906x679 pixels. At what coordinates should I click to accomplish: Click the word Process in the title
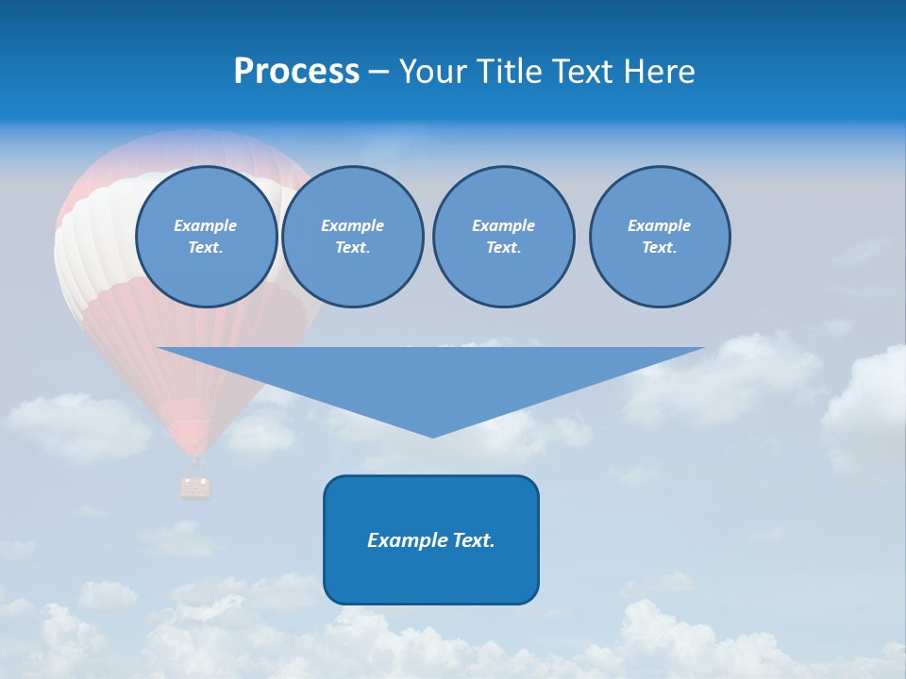coord(296,72)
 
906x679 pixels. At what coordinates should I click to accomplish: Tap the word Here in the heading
coord(659,72)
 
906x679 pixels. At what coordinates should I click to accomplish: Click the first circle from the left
coord(206,237)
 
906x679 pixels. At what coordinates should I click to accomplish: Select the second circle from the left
coord(352,237)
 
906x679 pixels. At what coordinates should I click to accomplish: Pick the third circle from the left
coord(503,237)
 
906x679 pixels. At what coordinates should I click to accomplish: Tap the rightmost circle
coord(660,237)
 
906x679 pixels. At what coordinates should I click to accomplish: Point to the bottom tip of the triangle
coord(432,436)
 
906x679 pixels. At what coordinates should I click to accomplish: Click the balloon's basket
coord(196,487)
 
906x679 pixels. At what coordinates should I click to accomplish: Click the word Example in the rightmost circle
coord(660,225)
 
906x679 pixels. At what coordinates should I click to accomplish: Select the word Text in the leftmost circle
coord(206,248)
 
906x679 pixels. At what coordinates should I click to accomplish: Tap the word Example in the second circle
coord(352,225)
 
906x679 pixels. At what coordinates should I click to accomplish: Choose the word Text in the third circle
coord(503,248)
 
